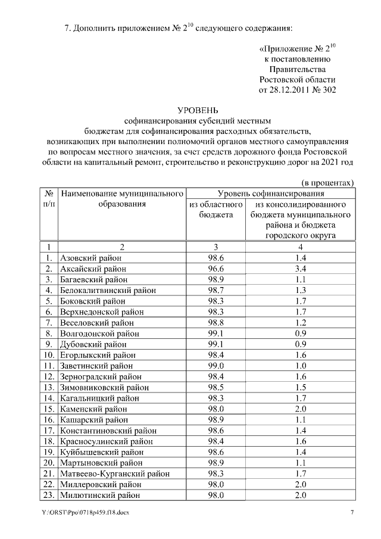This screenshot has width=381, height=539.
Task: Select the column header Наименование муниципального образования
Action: click(x=121, y=198)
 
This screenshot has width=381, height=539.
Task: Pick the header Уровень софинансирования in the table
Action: click(x=270, y=193)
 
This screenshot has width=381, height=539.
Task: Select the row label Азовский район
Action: click(x=90, y=258)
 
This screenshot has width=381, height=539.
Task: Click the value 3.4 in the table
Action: click(x=300, y=269)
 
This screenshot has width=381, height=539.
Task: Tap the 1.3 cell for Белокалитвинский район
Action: click(x=300, y=290)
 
